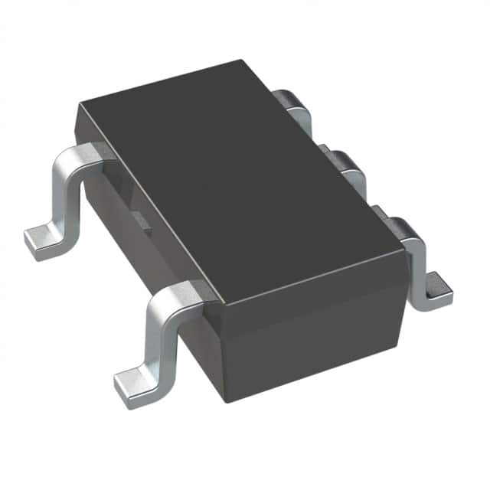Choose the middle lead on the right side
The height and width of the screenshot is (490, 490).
[344, 165]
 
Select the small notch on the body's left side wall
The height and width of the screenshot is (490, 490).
[144, 221]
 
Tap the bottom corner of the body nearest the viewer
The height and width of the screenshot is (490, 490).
[223, 399]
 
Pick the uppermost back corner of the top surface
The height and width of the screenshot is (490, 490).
[241, 61]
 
